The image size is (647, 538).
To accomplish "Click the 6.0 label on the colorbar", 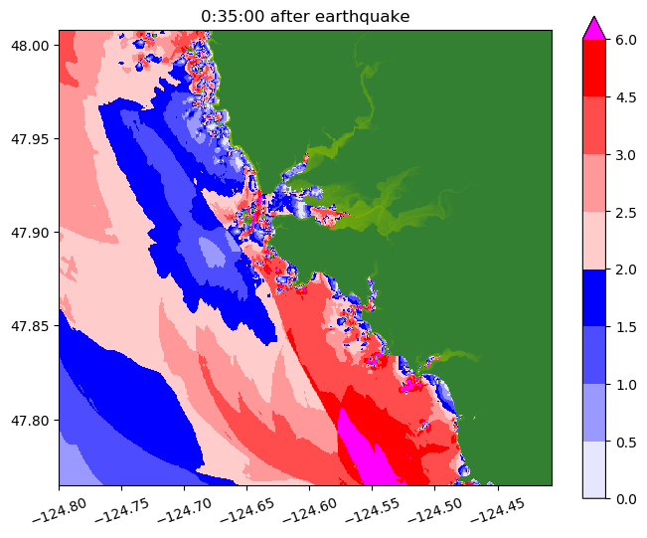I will click(x=626, y=40).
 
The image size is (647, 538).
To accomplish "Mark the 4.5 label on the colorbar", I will click(x=626, y=97).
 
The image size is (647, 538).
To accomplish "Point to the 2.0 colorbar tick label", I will click(x=626, y=269).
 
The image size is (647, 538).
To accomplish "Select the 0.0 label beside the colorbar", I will click(x=626, y=498).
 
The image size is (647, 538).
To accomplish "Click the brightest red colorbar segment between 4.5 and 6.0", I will click(x=593, y=69).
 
